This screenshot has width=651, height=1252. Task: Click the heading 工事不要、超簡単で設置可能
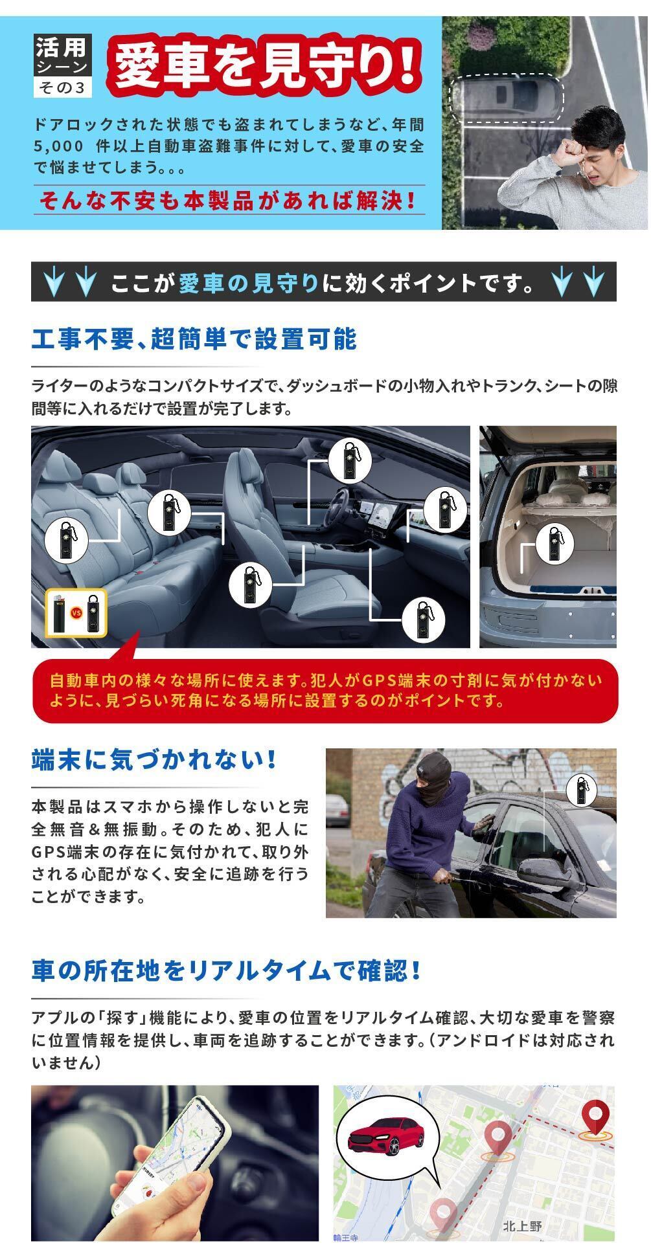pos(194,339)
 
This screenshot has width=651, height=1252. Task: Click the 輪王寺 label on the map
pos(346,1238)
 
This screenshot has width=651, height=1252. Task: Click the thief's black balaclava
pos(431,778)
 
